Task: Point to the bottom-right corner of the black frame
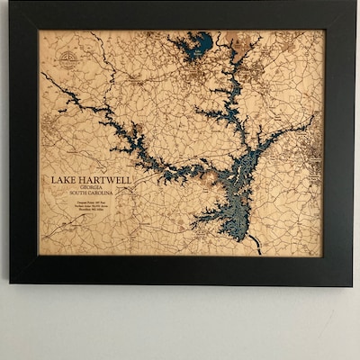(x=352, y=285)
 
